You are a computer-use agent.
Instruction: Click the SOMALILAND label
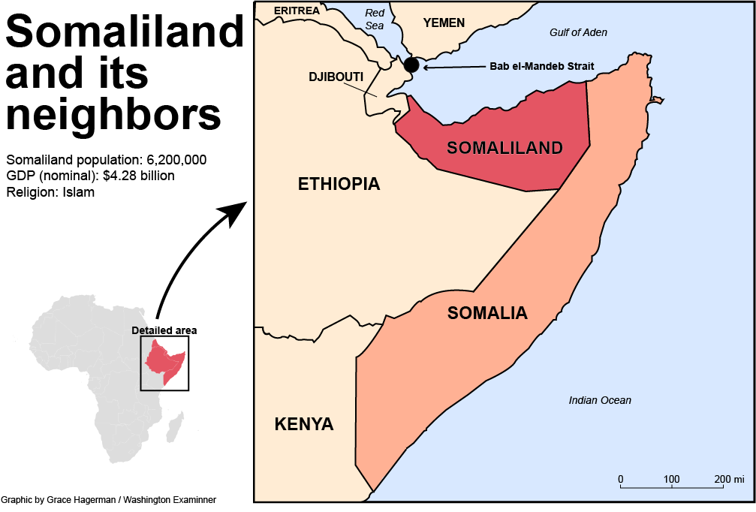click(x=505, y=148)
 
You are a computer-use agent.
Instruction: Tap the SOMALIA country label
click(x=487, y=313)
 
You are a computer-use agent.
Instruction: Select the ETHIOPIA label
click(x=339, y=184)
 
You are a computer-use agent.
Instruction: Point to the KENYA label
click(x=304, y=424)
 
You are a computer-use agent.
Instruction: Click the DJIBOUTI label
click(x=336, y=77)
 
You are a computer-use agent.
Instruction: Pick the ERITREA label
click(x=297, y=11)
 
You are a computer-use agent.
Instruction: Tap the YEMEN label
click(x=444, y=23)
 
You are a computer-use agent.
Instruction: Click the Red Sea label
click(x=374, y=19)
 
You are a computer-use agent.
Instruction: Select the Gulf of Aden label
click(x=578, y=32)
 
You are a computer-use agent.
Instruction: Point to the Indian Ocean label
click(x=600, y=400)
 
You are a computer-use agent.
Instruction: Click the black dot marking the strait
click(x=411, y=65)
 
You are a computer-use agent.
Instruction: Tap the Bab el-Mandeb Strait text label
click(x=541, y=66)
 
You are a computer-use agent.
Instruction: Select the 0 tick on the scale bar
click(x=620, y=480)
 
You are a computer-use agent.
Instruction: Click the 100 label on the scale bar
click(x=671, y=480)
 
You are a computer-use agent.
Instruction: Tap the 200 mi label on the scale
click(x=728, y=480)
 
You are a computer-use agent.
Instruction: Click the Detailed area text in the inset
click(x=164, y=330)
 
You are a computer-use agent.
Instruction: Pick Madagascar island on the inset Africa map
click(x=175, y=429)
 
